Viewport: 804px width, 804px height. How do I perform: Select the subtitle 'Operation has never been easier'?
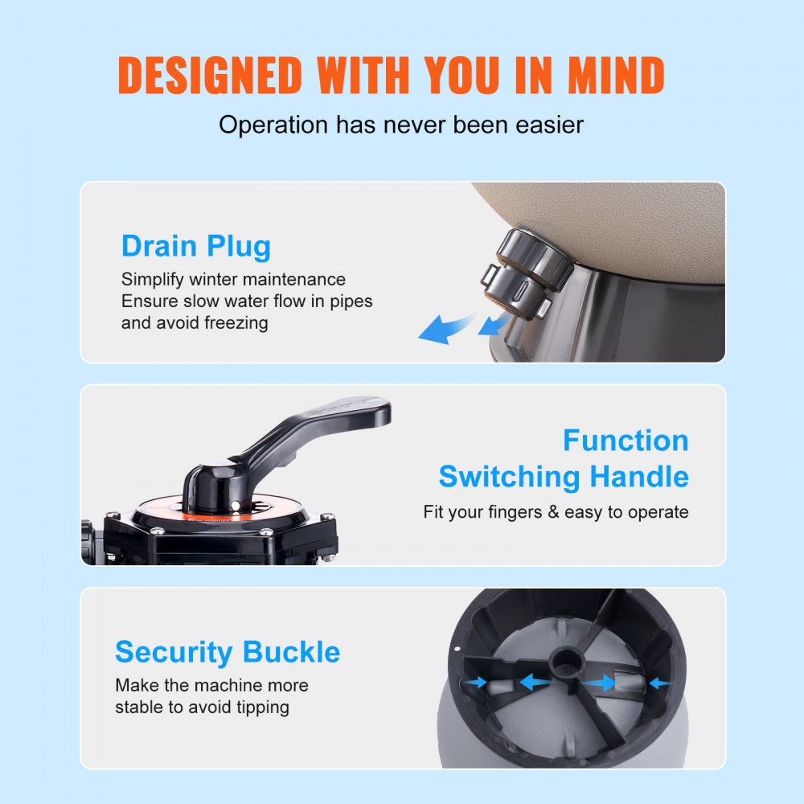coord(401,125)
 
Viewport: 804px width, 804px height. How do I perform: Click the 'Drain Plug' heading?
coord(196,245)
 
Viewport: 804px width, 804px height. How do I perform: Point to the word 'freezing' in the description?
coord(235,323)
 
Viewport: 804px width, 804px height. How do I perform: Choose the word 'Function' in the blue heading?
coord(626,440)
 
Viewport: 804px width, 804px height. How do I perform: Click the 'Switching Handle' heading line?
coord(563,477)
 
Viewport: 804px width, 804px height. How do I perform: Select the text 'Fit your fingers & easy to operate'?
coord(556,512)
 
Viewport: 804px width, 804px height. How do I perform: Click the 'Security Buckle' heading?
coord(228,651)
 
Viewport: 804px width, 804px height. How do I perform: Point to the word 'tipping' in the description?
coord(260,708)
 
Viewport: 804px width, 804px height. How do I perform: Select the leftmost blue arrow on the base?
coord(477,682)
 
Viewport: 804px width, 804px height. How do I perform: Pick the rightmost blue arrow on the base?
coord(659,683)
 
